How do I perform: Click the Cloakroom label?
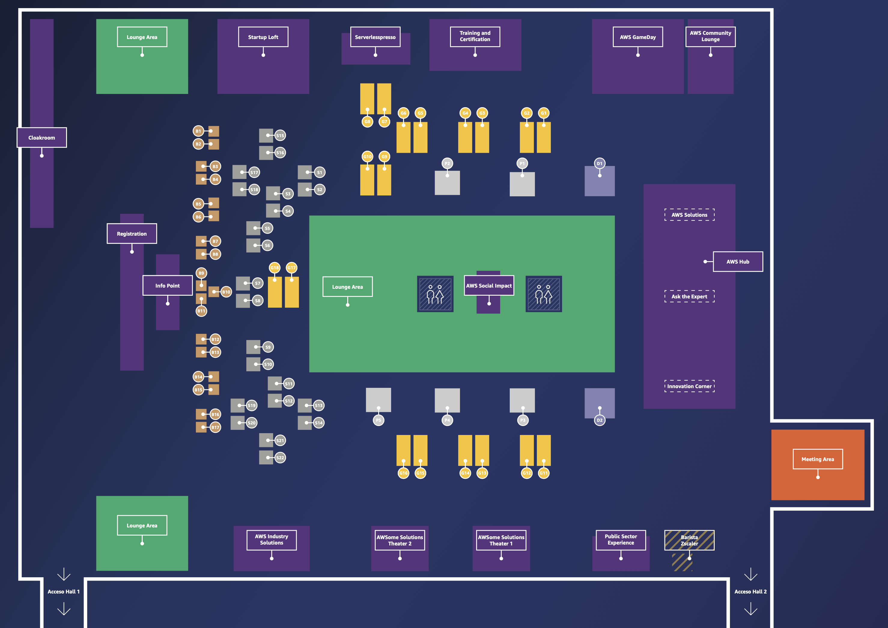[41, 138]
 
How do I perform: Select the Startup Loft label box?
[263, 37]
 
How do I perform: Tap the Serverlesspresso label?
[375, 37]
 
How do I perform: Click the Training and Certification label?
[475, 36]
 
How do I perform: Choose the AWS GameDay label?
[638, 37]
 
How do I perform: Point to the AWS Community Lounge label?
[710, 36]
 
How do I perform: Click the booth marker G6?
[403, 113]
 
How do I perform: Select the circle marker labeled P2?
[447, 164]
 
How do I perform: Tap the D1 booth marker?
[599, 164]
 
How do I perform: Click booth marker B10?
[226, 292]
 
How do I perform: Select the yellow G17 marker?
[291, 267]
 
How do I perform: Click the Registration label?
[132, 234]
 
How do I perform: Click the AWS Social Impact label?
[489, 286]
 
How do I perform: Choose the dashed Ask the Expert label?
[689, 297]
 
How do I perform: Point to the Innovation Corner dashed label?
[689, 386]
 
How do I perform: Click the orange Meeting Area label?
[818, 459]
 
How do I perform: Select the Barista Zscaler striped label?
[689, 540]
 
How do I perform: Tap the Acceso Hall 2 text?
[750, 592]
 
